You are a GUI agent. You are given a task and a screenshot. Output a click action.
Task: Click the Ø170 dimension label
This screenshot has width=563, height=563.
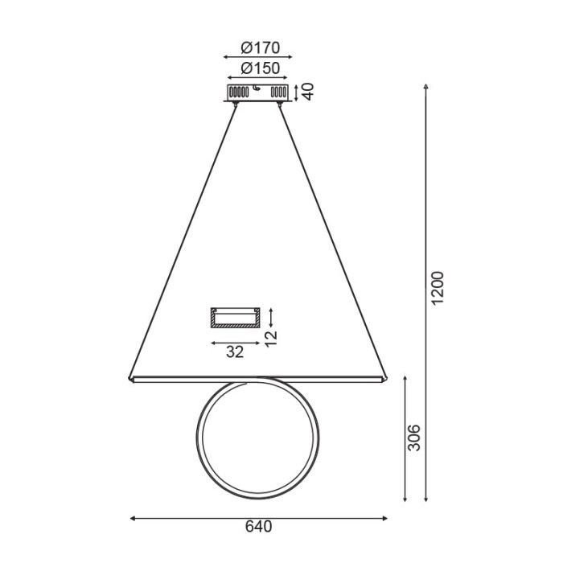pyautogui.click(x=258, y=47)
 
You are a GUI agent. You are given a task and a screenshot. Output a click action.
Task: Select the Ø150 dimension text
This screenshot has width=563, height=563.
pyautogui.click(x=258, y=68)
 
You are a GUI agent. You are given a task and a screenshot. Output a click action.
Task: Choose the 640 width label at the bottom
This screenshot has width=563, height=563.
pyautogui.click(x=258, y=528)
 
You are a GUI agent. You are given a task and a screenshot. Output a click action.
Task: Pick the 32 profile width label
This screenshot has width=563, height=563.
pyautogui.click(x=234, y=351)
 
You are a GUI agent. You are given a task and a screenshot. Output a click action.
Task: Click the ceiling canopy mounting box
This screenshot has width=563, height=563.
pyautogui.click(x=257, y=92)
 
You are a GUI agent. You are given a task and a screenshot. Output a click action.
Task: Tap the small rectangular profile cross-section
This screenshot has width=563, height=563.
pyautogui.click(x=234, y=318)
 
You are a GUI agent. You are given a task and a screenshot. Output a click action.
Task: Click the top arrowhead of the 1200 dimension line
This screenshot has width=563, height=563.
pyautogui.click(x=426, y=84)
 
